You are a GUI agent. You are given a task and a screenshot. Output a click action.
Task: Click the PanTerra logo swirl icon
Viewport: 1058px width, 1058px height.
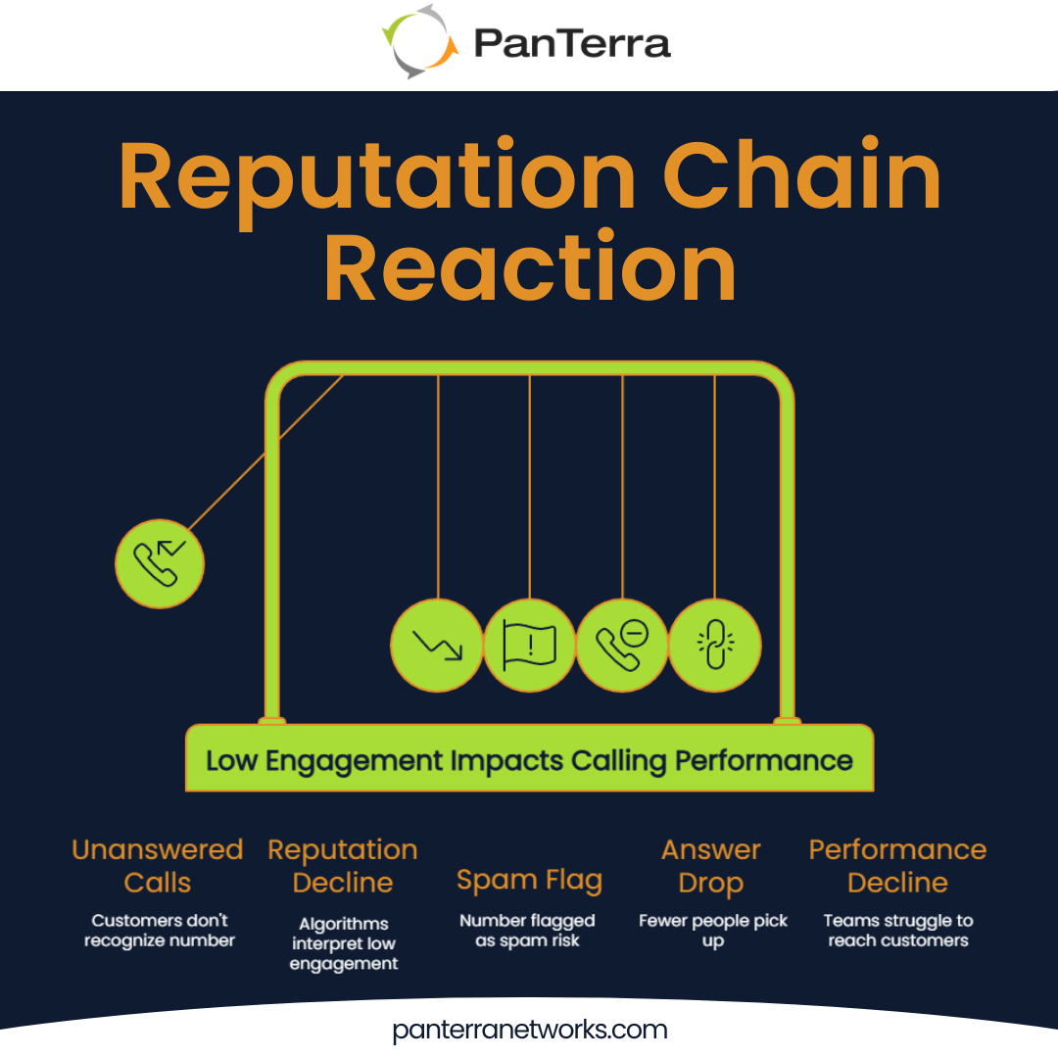pos(420,41)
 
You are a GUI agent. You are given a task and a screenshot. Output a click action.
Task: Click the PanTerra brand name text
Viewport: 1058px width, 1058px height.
pos(572,43)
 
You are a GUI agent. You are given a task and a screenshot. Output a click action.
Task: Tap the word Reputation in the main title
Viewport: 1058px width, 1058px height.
pos(377,178)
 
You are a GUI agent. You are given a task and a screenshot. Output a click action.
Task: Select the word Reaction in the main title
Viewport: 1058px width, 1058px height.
pos(529,268)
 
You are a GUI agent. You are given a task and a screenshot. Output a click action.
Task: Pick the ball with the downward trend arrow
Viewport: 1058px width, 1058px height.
pos(437,645)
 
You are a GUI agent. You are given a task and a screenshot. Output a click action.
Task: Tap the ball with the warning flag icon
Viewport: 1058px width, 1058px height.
pos(529,645)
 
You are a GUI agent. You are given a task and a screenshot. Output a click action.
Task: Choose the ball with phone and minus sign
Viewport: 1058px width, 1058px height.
pos(622,645)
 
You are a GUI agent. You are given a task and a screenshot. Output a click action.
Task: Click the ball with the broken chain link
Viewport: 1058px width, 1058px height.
pos(714,645)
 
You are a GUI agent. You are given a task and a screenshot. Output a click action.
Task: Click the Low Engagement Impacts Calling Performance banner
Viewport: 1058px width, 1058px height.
pos(529,760)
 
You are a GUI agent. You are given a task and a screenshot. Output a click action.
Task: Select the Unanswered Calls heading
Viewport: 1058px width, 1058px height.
pos(158,866)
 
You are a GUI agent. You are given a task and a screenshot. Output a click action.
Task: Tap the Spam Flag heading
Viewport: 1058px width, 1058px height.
pos(529,880)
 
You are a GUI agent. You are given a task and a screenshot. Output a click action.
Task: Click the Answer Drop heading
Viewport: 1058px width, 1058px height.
pos(711,866)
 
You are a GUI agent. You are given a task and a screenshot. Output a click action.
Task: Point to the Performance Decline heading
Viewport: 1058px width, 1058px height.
pos(897,866)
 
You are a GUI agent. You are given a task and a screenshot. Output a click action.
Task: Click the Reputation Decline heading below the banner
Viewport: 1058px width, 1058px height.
pos(343,866)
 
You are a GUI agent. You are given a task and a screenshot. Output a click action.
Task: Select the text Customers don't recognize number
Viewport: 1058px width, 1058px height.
pos(160,931)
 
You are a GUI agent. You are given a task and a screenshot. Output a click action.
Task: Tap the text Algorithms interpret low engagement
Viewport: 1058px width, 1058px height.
pos(344,943)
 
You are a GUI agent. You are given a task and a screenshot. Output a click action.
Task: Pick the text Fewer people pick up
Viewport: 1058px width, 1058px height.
pos(713,931)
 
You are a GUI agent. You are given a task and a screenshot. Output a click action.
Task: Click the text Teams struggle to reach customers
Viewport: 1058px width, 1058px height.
pos(897,931)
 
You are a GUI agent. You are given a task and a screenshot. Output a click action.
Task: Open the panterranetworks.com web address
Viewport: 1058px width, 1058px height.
pos(529,1030)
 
